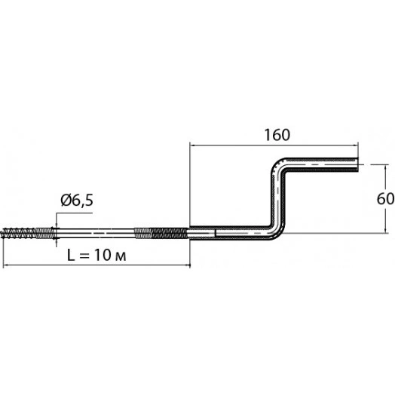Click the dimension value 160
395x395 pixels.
coord(277,135)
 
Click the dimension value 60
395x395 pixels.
coord(386,199)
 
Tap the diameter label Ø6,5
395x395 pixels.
coord(77,201)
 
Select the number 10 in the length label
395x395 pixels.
coord(103,255)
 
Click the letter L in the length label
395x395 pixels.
coord(71,255)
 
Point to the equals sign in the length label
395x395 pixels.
coord(84,256)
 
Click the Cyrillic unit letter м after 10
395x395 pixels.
coord(121,257)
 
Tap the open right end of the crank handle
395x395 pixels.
coord(357,164)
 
